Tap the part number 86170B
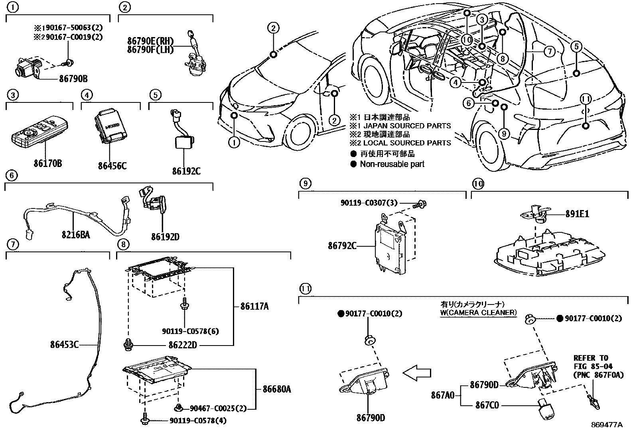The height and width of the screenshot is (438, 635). (x=48, y=163)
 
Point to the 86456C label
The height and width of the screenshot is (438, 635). (x=112, y=165)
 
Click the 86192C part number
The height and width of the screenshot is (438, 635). (x=186, y=171)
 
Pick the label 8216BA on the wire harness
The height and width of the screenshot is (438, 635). (x=75, y=235)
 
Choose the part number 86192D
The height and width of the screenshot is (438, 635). (x=165, y=237)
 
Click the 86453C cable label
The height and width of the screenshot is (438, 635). (x=65, y=344)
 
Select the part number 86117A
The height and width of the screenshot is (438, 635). (x=254, y=306)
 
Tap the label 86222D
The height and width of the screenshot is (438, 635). (x=182, y=345)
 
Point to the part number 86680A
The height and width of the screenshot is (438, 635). (x=276, y=389)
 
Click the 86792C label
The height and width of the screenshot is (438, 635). (x=342, y=246)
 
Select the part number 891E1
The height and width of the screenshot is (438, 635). (x=577, y=214)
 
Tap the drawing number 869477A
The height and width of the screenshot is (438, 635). (x=607, y=425)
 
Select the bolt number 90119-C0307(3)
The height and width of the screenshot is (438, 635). (x=369, y=203)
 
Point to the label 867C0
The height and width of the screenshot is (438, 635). (x=487, y=405)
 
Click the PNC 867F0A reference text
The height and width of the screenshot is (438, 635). (x=598, y=375)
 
